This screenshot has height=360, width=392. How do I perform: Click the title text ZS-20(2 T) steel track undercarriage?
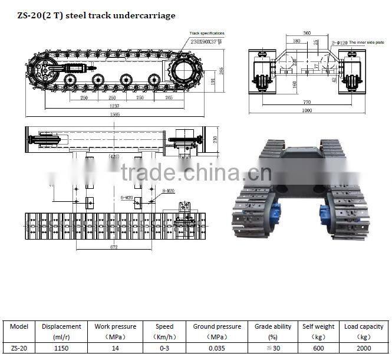tap(91, 15)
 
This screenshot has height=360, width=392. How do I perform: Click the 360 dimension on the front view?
tap(307, 34)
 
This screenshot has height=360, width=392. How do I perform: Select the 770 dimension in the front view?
tap(307, 102)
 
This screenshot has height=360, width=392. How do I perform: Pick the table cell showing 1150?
tap(61, 348)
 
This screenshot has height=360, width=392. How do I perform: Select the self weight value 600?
tap(318, 348)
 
